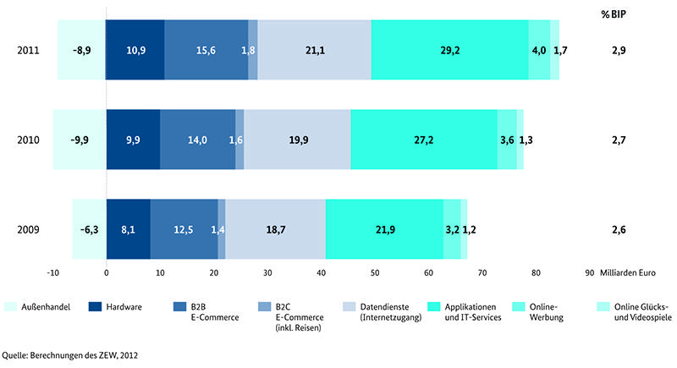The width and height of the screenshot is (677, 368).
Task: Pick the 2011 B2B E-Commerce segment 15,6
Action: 206,50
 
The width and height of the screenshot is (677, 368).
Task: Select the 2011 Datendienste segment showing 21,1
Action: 315,50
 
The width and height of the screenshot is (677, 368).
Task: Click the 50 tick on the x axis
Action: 375,272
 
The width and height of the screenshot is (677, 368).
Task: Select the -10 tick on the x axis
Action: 52,272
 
